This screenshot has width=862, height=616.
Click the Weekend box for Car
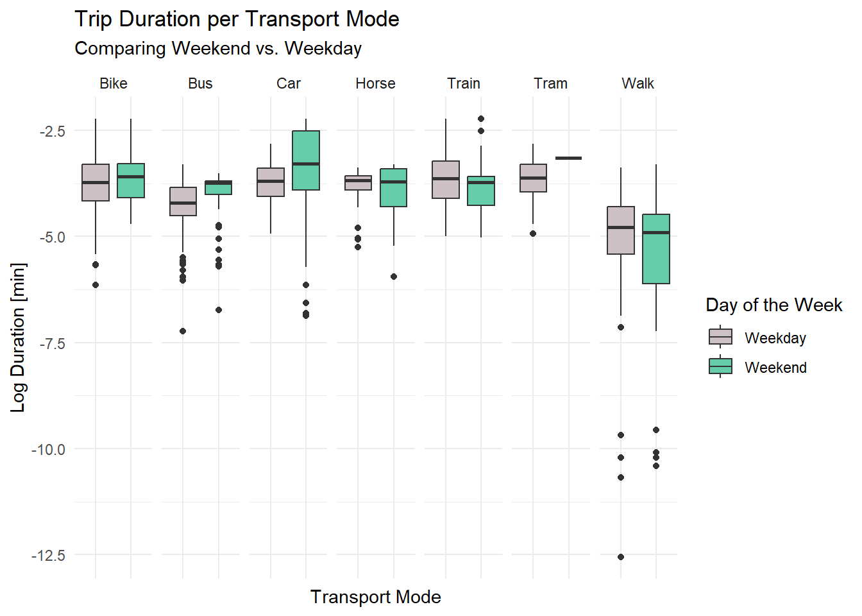[306, 160]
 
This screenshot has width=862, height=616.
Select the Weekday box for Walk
[621, 230]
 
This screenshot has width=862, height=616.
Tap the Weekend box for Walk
[656, 249]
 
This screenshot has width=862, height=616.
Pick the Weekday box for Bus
[183, 201]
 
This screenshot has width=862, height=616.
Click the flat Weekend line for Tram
[568, 158]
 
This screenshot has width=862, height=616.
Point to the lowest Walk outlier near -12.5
[621, 557]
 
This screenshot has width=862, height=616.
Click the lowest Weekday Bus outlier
[183, 331]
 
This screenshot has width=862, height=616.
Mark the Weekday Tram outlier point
[533, 234]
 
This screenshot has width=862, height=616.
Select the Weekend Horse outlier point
[394, 277]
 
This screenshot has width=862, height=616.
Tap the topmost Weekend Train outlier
[481, 119]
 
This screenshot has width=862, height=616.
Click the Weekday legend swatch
[720, 337]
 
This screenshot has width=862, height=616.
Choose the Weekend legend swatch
[720, 366]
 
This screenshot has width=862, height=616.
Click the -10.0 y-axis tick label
[49, 449]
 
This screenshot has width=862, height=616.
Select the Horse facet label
[376, 83]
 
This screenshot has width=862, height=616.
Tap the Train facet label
[464, 83]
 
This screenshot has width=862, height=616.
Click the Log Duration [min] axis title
[18, 337]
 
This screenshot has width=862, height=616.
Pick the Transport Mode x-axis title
[376, 597]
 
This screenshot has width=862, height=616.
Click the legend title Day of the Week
[773, 305]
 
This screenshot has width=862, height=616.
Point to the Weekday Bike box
[96, 183]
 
